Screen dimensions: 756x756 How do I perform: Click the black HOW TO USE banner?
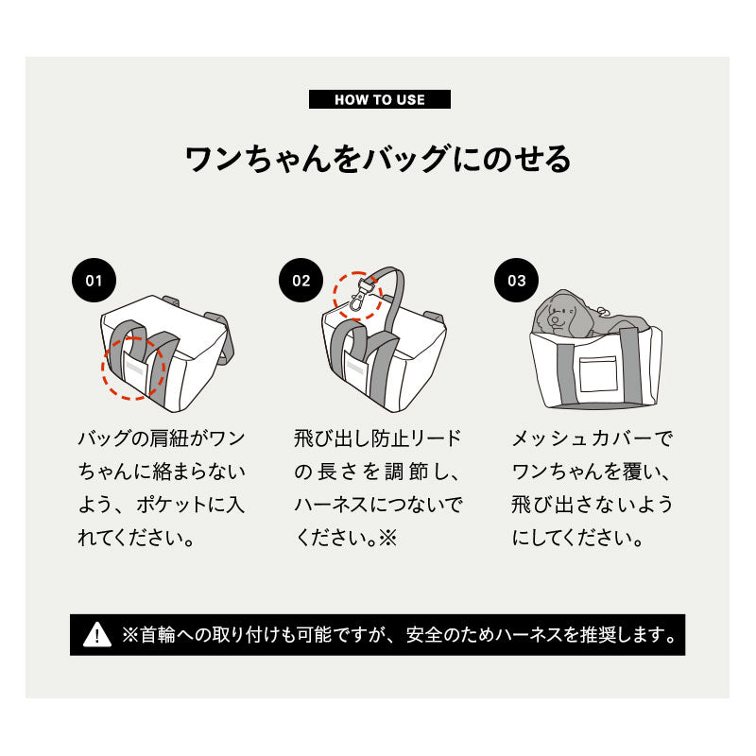pos(380,99)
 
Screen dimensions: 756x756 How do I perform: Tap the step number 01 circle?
pos(94,280)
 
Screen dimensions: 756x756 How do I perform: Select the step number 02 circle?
pos(301,280)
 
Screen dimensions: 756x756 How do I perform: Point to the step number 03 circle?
pos(516,280)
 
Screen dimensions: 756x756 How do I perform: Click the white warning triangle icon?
pos(97,634)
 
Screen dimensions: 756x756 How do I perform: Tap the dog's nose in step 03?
pos(555,319)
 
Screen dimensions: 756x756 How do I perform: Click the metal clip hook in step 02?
pos(358,301)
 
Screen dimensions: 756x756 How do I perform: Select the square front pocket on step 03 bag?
pos(598,374)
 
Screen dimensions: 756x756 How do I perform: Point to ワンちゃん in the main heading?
pos(258,159)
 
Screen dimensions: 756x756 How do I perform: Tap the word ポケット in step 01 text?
pos(172,505)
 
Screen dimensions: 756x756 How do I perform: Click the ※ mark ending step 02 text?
pos(388,538)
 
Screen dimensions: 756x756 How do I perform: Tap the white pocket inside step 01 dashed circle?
pos(135,368)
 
